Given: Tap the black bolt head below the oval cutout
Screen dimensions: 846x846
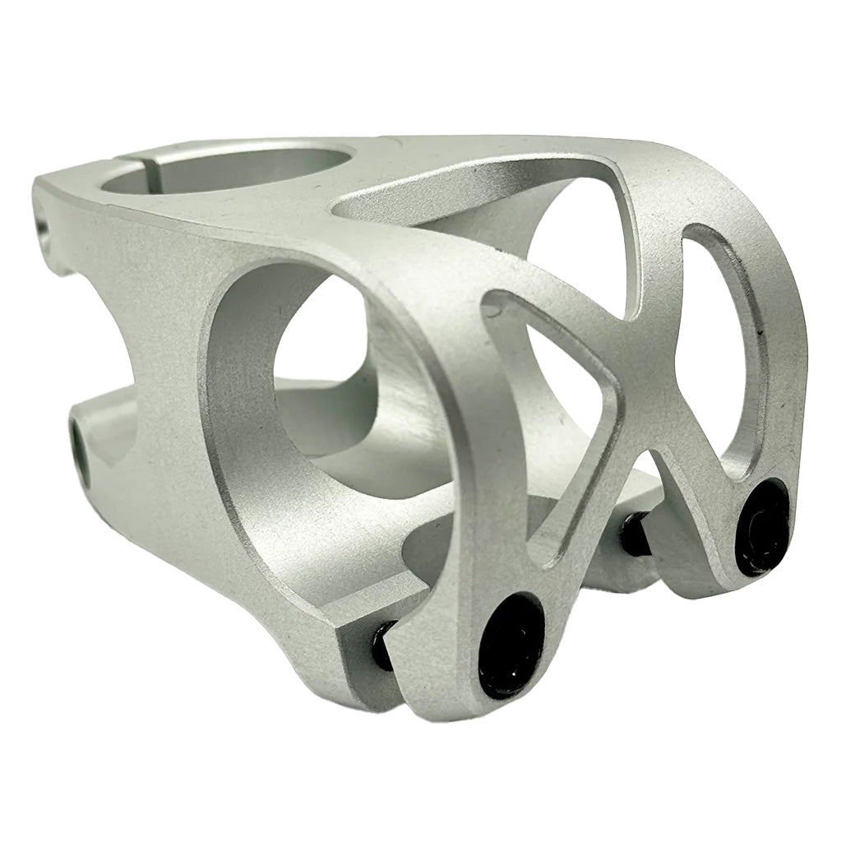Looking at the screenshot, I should coord(762,526).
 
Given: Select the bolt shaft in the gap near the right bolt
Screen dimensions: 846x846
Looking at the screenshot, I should coord(636,535).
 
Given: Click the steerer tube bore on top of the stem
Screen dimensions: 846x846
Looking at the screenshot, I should coord(230,168).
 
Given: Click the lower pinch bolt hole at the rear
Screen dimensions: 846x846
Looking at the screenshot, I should coord(80,443).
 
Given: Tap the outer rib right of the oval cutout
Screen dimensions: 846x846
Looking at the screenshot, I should coord(785,345).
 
